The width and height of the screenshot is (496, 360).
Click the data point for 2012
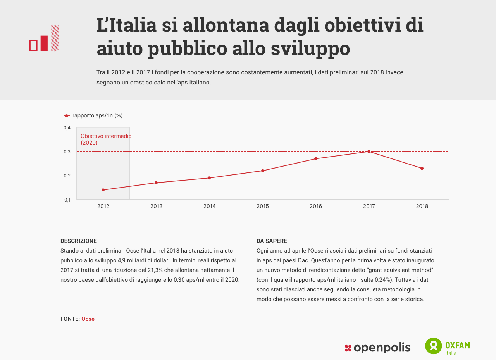point(103,190)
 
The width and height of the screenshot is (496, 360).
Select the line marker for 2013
point(156,183)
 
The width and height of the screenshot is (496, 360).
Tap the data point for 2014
point(209,178)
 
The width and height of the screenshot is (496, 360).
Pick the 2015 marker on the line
point(263,171)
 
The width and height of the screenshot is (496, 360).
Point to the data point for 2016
point(316,158)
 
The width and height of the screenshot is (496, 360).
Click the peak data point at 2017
point(369,152)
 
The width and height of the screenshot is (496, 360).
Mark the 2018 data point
point(422,168)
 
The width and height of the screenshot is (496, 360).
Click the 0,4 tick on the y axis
point(67,128)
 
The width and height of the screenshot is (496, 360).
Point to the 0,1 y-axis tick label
point(67,200)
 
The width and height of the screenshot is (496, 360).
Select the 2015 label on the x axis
point(263,206)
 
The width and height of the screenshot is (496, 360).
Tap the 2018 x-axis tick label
point(422,206)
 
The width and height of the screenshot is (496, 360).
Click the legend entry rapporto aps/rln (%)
point(97,115)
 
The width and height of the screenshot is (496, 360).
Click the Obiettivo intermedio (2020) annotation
point(106,139)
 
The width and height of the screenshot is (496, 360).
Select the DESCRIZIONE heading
point(79,241)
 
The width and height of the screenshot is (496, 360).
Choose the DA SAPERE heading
point(272,241)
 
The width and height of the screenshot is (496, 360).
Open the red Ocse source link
point(88,319)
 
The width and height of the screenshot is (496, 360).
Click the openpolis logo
point(377,348)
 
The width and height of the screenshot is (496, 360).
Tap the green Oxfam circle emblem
point(434,346)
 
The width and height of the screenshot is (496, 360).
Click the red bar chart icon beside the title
point(44,38)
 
